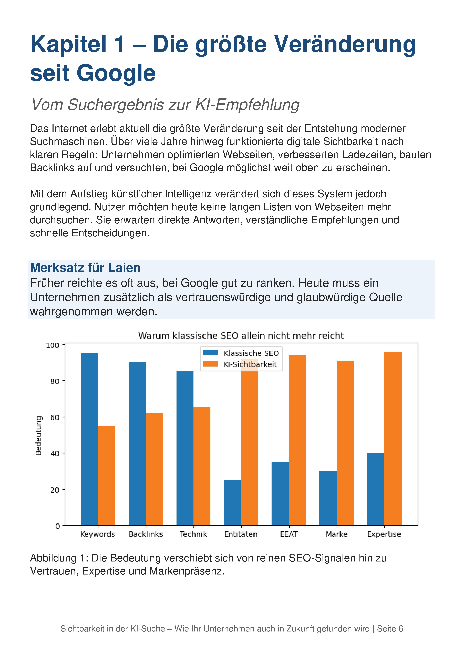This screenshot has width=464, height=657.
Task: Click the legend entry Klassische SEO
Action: (x=241, y=353)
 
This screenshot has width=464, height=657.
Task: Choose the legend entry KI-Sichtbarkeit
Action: (x=240, y=364)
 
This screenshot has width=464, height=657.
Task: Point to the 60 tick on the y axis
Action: (x=64, y=417)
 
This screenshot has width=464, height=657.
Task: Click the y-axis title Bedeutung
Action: (x=38, y=436)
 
